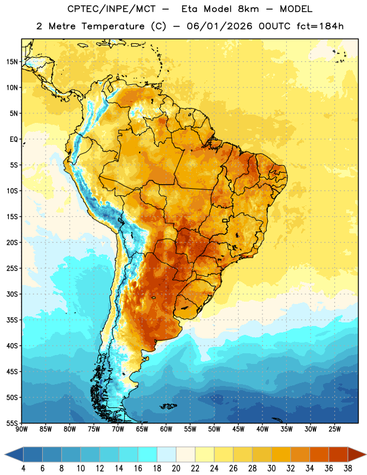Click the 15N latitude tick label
12,62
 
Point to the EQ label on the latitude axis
14,140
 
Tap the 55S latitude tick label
12,423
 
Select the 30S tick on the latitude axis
12,294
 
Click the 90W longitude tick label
21,429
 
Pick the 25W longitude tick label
334,429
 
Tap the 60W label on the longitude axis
166,429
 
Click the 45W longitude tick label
238,429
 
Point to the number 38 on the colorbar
348,468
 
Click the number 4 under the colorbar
23,468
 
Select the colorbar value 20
176,468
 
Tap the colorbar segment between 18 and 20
166,455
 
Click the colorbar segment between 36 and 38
338,455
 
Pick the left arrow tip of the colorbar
5,455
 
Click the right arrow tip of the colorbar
366,455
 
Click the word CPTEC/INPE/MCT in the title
111,9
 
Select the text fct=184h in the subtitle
320,26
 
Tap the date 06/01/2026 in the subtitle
219,26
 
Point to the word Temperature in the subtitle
113,26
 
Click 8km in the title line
248,9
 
